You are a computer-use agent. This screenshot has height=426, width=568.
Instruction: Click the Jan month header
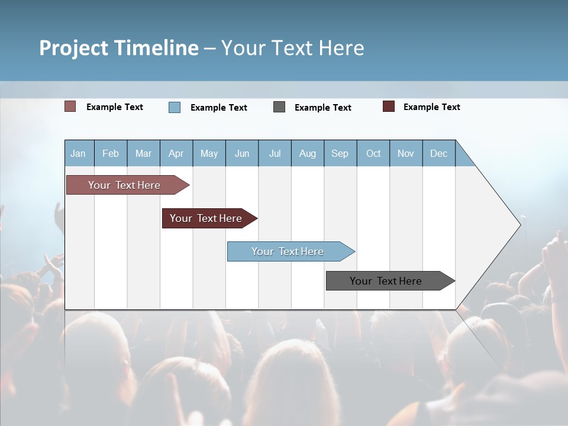tap(79, 153)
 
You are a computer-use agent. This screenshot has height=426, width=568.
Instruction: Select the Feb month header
tap(111, 153)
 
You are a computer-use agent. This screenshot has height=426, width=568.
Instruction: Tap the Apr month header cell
tap(176, 153)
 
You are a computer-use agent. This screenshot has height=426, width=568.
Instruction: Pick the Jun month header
tap(242, 153)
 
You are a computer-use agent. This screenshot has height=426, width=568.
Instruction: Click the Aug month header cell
tap(308, 153)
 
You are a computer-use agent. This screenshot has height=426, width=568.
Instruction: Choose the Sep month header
tap(340, 153)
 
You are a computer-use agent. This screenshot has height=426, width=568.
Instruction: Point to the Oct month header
tap(373, 153)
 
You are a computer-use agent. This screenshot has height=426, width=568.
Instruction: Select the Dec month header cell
tap(439, 153)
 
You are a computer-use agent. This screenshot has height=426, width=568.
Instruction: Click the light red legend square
tap(70, 106)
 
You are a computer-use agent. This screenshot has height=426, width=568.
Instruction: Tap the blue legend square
tap(175, 107)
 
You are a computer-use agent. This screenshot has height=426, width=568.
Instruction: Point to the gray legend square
tap(279, 107)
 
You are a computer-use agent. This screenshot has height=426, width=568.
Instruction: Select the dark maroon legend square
tap(389, 106)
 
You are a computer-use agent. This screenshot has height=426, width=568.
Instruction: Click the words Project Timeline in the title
tap(119, 48)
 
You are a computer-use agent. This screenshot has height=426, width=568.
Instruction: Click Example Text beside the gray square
tap(323, 108)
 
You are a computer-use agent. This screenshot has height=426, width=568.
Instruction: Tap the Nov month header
tap(406, 153)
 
